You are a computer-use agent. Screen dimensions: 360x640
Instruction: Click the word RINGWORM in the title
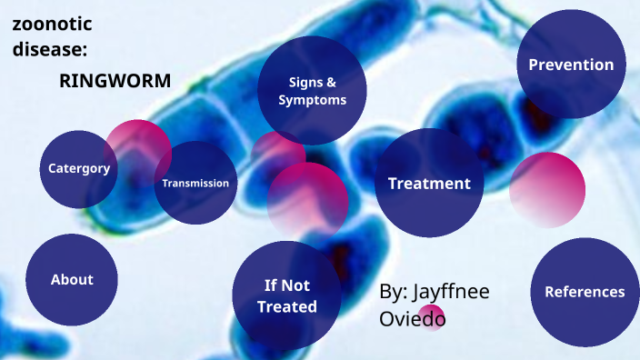pyautogui.click(x=115, y=80)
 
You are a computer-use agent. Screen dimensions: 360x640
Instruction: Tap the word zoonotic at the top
pyautogui.click(x=53, y=25)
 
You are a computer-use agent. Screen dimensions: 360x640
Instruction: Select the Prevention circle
pyautogui.click(x=571, y=65)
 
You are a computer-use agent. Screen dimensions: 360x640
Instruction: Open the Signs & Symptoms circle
pyautogui.click(x=312, y=91)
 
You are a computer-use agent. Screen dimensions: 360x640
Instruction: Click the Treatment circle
pyautogui.click(x=429, y=183)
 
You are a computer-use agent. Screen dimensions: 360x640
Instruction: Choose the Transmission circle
pyautogui.click(x=195, y=183)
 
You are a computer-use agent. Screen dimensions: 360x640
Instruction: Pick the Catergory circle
pyautogui.click(x=79, y=168)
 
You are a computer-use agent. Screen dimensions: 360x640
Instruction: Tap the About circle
pyautogui.click(x=72, y=279)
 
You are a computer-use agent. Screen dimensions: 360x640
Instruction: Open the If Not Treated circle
pyautogui.click(x=286, y=295)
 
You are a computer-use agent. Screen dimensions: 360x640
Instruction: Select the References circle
pyautogui.click(x=585, y=292)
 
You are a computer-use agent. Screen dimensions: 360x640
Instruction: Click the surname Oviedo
pyautogui.click(x=412, y=319)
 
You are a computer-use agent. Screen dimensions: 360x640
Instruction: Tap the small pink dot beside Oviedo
pyautogui.click(x=432, y=316)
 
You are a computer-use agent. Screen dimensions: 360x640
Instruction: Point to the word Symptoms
pyautogui.click(x=313, y=100)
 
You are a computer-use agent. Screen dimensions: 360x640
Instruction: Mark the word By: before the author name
pyautogui.click(x=392, y=292)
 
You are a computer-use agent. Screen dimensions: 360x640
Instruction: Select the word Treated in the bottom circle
pyautogui.click(x=286, y=306)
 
